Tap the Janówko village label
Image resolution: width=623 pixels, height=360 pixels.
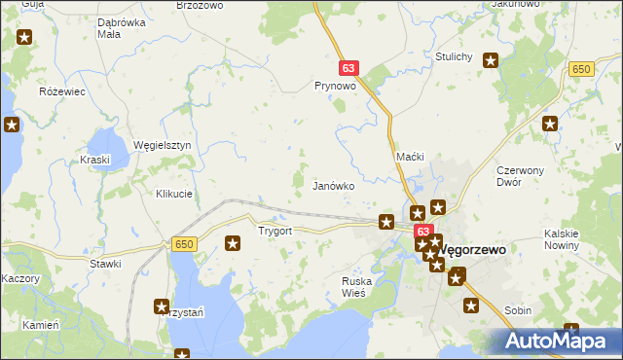coord(332,185)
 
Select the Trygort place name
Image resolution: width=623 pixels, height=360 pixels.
coord(275,232)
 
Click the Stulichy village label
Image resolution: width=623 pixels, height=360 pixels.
coord(454,56)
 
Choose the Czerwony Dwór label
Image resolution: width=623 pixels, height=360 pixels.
coord(520,176)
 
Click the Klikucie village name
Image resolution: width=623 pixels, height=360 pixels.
coord(174,194)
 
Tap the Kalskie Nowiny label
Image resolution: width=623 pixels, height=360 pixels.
coord(563,239)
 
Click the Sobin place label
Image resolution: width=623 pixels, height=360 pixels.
coord(518,310)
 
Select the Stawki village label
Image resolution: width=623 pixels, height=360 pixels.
coord(105,264)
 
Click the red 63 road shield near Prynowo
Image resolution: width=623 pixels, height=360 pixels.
coord(349,69)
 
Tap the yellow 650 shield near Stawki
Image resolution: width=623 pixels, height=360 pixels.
coord(185,244)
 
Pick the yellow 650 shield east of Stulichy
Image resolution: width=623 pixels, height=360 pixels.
coord(582,69)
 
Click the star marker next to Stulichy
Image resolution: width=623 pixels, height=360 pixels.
coord(491,60)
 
